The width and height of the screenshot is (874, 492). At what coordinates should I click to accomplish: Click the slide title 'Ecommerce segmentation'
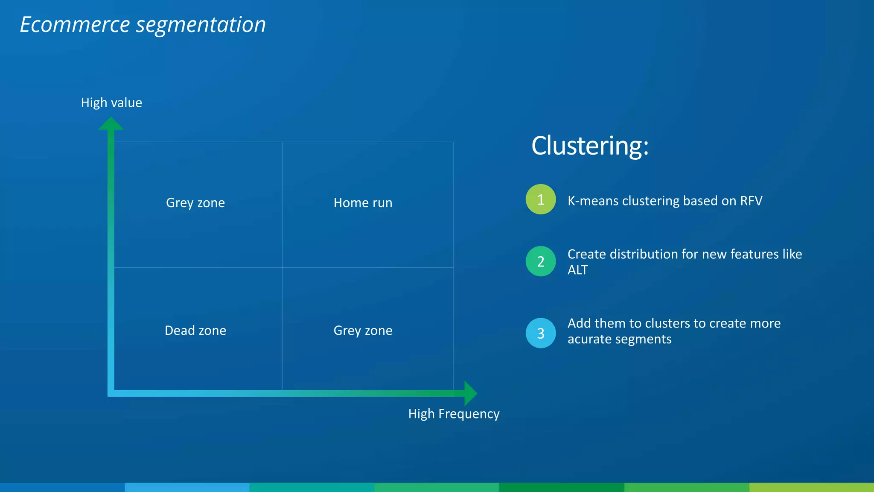coord(143,25)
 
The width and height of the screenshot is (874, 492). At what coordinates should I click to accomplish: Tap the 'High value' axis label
coord(111,103)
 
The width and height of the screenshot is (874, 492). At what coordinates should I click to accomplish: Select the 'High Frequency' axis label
coord(454,414)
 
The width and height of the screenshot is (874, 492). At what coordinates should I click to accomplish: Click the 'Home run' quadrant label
coord(363,203)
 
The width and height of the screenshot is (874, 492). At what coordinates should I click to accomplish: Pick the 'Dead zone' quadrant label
coord(195,331)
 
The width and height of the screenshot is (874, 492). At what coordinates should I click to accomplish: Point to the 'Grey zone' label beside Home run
coord(195,203)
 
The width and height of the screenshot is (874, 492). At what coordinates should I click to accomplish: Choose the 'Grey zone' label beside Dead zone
coord(363,331)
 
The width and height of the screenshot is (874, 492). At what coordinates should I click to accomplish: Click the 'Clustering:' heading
coord(590,146)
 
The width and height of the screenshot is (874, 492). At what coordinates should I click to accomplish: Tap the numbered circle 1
coord(541,199)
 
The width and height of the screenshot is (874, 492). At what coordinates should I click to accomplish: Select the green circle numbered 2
coord(541,261)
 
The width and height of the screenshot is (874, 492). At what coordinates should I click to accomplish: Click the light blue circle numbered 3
coord(541,333)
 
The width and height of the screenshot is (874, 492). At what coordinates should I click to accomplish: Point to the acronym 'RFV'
coord(751,201)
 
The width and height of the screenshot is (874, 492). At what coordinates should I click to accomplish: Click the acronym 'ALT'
coord(578,270)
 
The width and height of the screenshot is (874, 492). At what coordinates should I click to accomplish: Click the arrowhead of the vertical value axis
coord(111,123)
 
